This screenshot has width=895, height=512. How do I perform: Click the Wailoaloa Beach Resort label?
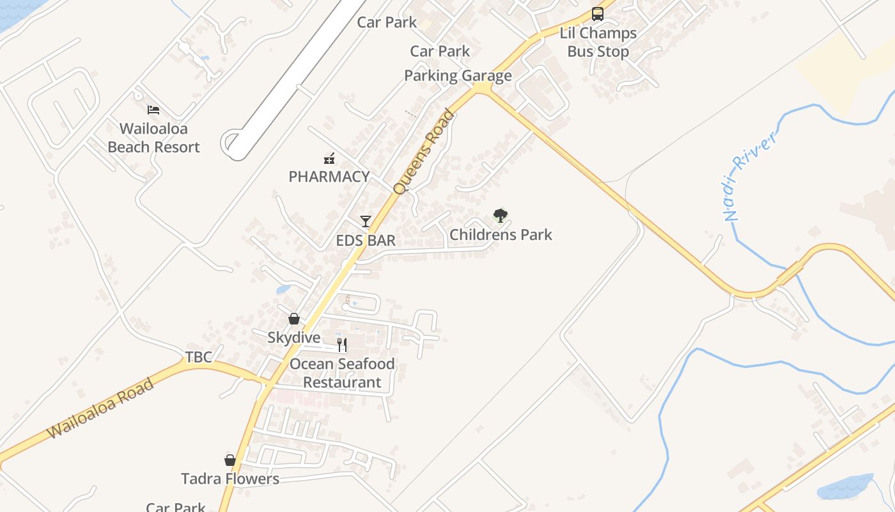pyautogui.click(x=153, y=138)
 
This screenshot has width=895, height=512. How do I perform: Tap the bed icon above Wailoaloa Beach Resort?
pyautogui.click(x=153, y=110)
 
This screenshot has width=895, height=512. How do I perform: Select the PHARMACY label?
pyautogui.click(x=329, y=177)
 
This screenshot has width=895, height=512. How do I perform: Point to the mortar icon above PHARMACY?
pyautogui.click(x=329, y=158)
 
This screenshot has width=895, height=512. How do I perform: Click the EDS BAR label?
pyautogui.click(x=366, y=241)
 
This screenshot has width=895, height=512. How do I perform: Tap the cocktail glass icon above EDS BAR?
pyautogui.click(x=366, y=221)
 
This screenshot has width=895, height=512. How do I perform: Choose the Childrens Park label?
pyautogui.click(x=501, y=235)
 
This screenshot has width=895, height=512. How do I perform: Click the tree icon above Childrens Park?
pyautogui.click(x=501, y=216)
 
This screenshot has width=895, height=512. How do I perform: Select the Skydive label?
pyautogui.click(x=294, y=337)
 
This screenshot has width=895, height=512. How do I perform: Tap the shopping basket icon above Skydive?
pyautogui.click(x=294, y=318)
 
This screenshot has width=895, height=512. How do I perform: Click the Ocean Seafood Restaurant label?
pyautogui.click(x=342, y=373)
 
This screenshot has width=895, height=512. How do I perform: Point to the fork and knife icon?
pyautogui.click(x=342, y=345)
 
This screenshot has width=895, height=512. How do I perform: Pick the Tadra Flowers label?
pyautogui.click(x=230, y=479)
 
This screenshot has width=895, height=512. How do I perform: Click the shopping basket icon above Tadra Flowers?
pyautogui.click(x=230, y=460)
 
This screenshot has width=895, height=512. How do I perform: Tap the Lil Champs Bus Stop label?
pyautogui.click(x=598, y=42)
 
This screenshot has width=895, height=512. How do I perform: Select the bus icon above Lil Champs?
pyautogui.click(x=598, y=14)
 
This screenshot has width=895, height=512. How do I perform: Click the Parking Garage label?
pyautogui.click(x=458, y=76)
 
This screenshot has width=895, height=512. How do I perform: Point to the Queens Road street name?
pyautogui.click(x=424, y=152)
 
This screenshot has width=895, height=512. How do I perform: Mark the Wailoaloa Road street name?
pyautogui.click(x=101, y=408)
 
